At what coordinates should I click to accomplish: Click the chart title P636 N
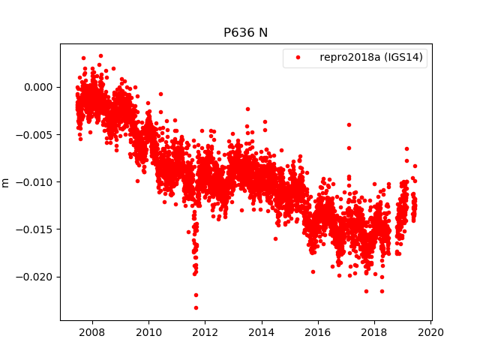click(245, 33)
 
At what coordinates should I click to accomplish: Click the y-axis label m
click(6, 182)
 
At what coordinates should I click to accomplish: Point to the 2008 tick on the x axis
click(91, 332)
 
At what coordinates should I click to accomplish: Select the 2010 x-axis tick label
click(148, 332)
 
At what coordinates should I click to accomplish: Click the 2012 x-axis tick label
click(205, 332)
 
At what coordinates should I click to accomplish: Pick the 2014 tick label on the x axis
click(262, 332)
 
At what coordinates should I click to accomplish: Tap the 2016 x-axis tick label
click(318, 332)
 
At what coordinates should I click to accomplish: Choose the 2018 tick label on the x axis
click(374, 332)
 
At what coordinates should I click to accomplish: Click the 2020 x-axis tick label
click(431, 332)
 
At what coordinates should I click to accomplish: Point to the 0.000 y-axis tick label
click(40, 87)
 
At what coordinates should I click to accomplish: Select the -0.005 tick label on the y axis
click(37, 134)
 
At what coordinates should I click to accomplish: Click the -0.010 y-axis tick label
click(37, 181)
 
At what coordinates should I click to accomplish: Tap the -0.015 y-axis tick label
click(37, 229)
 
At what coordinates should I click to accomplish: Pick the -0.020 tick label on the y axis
click(37, 277)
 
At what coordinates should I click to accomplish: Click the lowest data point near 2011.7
click(196, 307)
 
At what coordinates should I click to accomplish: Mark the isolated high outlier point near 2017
click(349, 124)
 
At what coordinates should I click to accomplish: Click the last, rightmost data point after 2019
click(415, 166)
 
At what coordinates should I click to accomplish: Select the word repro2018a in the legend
click(346, 58)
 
